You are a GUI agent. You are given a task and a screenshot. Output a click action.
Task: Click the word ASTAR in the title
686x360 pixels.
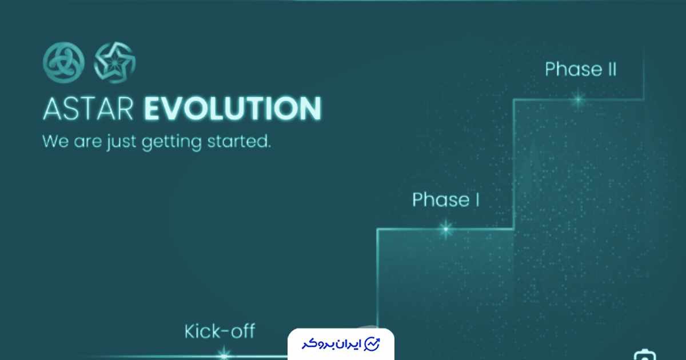click(88, 109)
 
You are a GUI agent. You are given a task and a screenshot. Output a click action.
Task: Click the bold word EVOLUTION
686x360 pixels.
click(233, 109)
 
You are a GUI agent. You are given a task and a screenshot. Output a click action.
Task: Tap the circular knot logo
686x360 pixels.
click(63, 63)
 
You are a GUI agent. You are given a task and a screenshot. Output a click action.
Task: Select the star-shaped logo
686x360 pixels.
click(114, 63)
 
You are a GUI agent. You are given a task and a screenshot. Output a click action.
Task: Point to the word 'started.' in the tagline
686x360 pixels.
click(239, 142)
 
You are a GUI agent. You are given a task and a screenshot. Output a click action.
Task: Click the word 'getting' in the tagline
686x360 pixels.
click(171, 143)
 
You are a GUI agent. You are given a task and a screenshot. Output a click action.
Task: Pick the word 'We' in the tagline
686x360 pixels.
click(55, 142)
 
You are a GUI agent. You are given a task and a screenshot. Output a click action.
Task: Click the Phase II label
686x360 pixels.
click(581, 69)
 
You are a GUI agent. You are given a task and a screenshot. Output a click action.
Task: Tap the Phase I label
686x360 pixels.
click(446, 200)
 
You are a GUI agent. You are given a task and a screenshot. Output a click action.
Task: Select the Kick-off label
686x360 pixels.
click(220, 331)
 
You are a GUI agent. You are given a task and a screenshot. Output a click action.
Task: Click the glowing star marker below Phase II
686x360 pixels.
click(578, 99)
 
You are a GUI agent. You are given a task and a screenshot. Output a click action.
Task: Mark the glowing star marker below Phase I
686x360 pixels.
click(446, 229)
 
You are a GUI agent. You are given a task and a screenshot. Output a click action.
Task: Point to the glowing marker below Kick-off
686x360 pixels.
click(224, 355)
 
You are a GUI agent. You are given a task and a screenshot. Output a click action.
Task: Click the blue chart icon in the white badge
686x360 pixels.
click(372, 344)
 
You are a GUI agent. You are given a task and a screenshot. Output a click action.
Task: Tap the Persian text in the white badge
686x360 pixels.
click(332, 344)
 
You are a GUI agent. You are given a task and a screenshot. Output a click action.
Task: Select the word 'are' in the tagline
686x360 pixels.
click(87, 143)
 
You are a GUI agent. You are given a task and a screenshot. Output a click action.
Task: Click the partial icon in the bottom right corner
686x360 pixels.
click(645, 355)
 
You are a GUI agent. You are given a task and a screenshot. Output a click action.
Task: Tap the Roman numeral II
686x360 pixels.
click(612, 69)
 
